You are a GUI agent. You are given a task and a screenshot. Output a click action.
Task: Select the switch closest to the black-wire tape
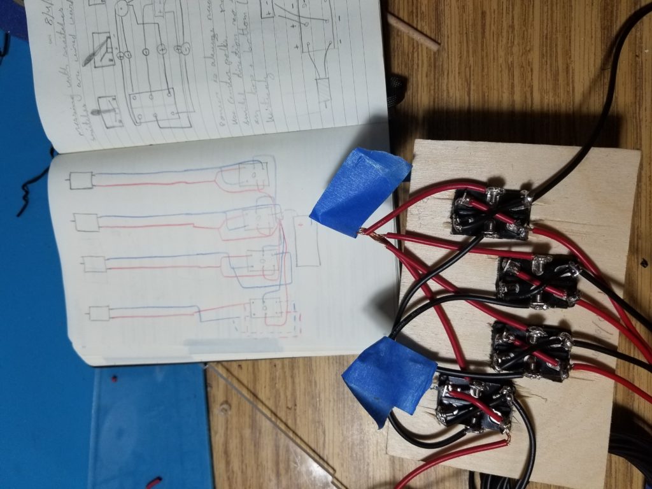(474, 405)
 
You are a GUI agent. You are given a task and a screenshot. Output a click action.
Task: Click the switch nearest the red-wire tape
(490, 213)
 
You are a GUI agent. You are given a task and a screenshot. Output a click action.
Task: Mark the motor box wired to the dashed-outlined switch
(99, 313)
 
